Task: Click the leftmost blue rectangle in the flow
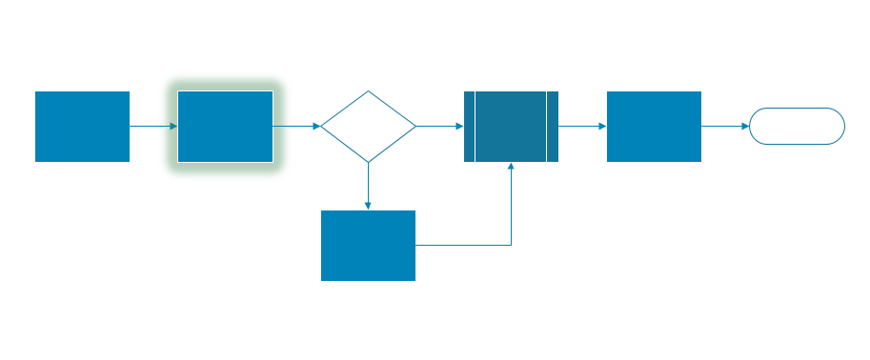click(x=82, y=127)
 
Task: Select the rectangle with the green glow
click(x=225, y=127)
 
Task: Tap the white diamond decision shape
click(x=368, y=127)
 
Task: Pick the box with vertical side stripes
click(x=511, y=127)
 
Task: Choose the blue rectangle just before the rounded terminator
click(x=654, y=127)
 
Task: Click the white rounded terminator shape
click(x=797, y=126)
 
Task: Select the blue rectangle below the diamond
click(x=368, y=246)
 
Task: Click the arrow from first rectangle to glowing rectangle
click(x=152, y=126)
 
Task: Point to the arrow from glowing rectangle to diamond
click(x=296, y=126)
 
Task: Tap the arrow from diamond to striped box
click(x=439, y=126)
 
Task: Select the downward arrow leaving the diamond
click(x=368, y=186)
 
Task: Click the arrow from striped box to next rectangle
click(x=582, y=126)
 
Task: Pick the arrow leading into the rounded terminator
click(x=725, y=126)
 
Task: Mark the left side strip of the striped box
click(x=469, y=127)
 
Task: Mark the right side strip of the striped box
click(x=553, y=127)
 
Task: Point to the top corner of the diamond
click(x=368, y=92)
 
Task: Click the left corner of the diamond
click(x=322, y=126)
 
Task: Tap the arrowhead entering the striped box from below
click(x=512, y=167)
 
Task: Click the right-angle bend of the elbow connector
click(x=512, y=245)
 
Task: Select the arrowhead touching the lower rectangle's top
click(x=368, y=206)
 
